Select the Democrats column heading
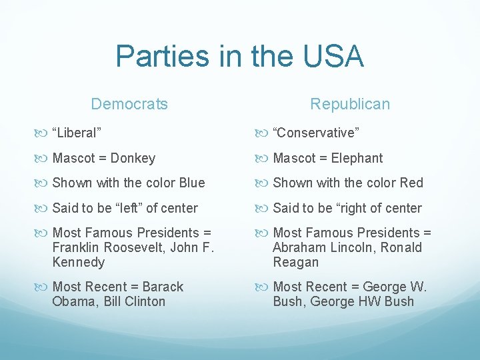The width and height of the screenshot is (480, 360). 129,104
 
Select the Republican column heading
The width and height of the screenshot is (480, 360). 350,104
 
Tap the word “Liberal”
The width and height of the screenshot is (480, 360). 77,133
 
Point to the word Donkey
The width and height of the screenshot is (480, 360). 133,158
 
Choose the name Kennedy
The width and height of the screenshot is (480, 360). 78,262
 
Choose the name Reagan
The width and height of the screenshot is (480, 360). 296,262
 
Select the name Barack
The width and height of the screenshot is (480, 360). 162,287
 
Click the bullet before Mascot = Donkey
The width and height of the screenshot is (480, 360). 44,159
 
